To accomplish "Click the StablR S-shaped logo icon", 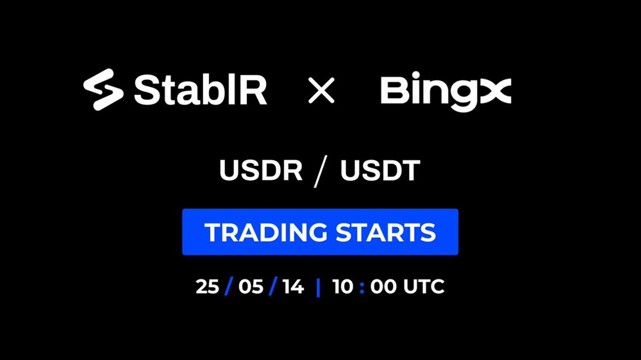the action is [x=103, y=90].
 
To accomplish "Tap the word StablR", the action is [x=200, y=90].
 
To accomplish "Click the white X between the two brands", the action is [x=321, y=90].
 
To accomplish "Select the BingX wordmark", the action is [x=446, y=92].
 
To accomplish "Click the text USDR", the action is [x=261, y=170].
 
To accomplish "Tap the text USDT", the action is [x=380, y=170].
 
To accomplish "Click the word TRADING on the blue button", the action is [x=266, y=232].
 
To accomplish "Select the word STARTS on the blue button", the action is [x=386, y=232].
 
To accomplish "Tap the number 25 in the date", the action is [x=207, y=286].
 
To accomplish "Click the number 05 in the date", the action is [x=251, y=286].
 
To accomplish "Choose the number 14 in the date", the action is [x=293, y=286].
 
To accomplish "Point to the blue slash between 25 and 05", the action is [x=229, y=286].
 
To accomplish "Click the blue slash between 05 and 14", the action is [x=273, y=286].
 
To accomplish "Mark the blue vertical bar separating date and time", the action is [x=318, y=287].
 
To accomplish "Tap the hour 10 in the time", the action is [x=342, y=286].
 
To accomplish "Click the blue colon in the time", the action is [x=362, y=287].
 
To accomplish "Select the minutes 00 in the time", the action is [x=383, y=286].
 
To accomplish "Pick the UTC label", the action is [x=424, y=286].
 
